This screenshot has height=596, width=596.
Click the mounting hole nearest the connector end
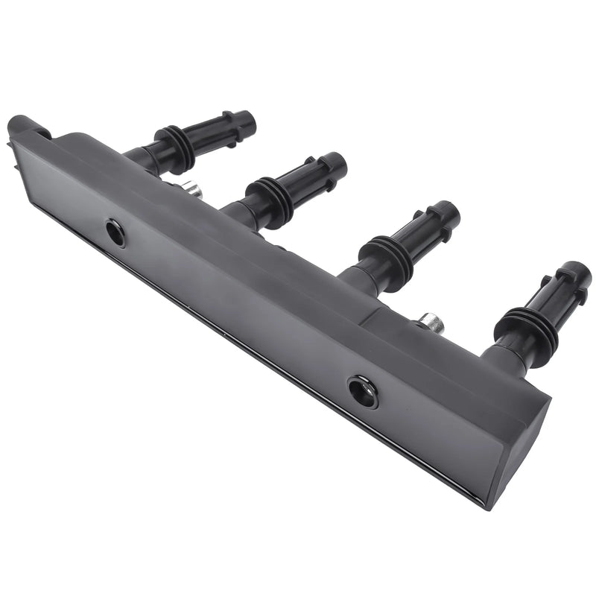[x=115, y=233]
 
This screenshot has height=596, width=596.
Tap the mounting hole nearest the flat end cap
[x=363, y=391]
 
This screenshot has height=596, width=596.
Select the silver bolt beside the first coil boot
[x=193, y=191]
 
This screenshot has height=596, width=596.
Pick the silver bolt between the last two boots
[x=432, y=323]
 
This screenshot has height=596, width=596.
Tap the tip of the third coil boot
[x=448, y=212]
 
